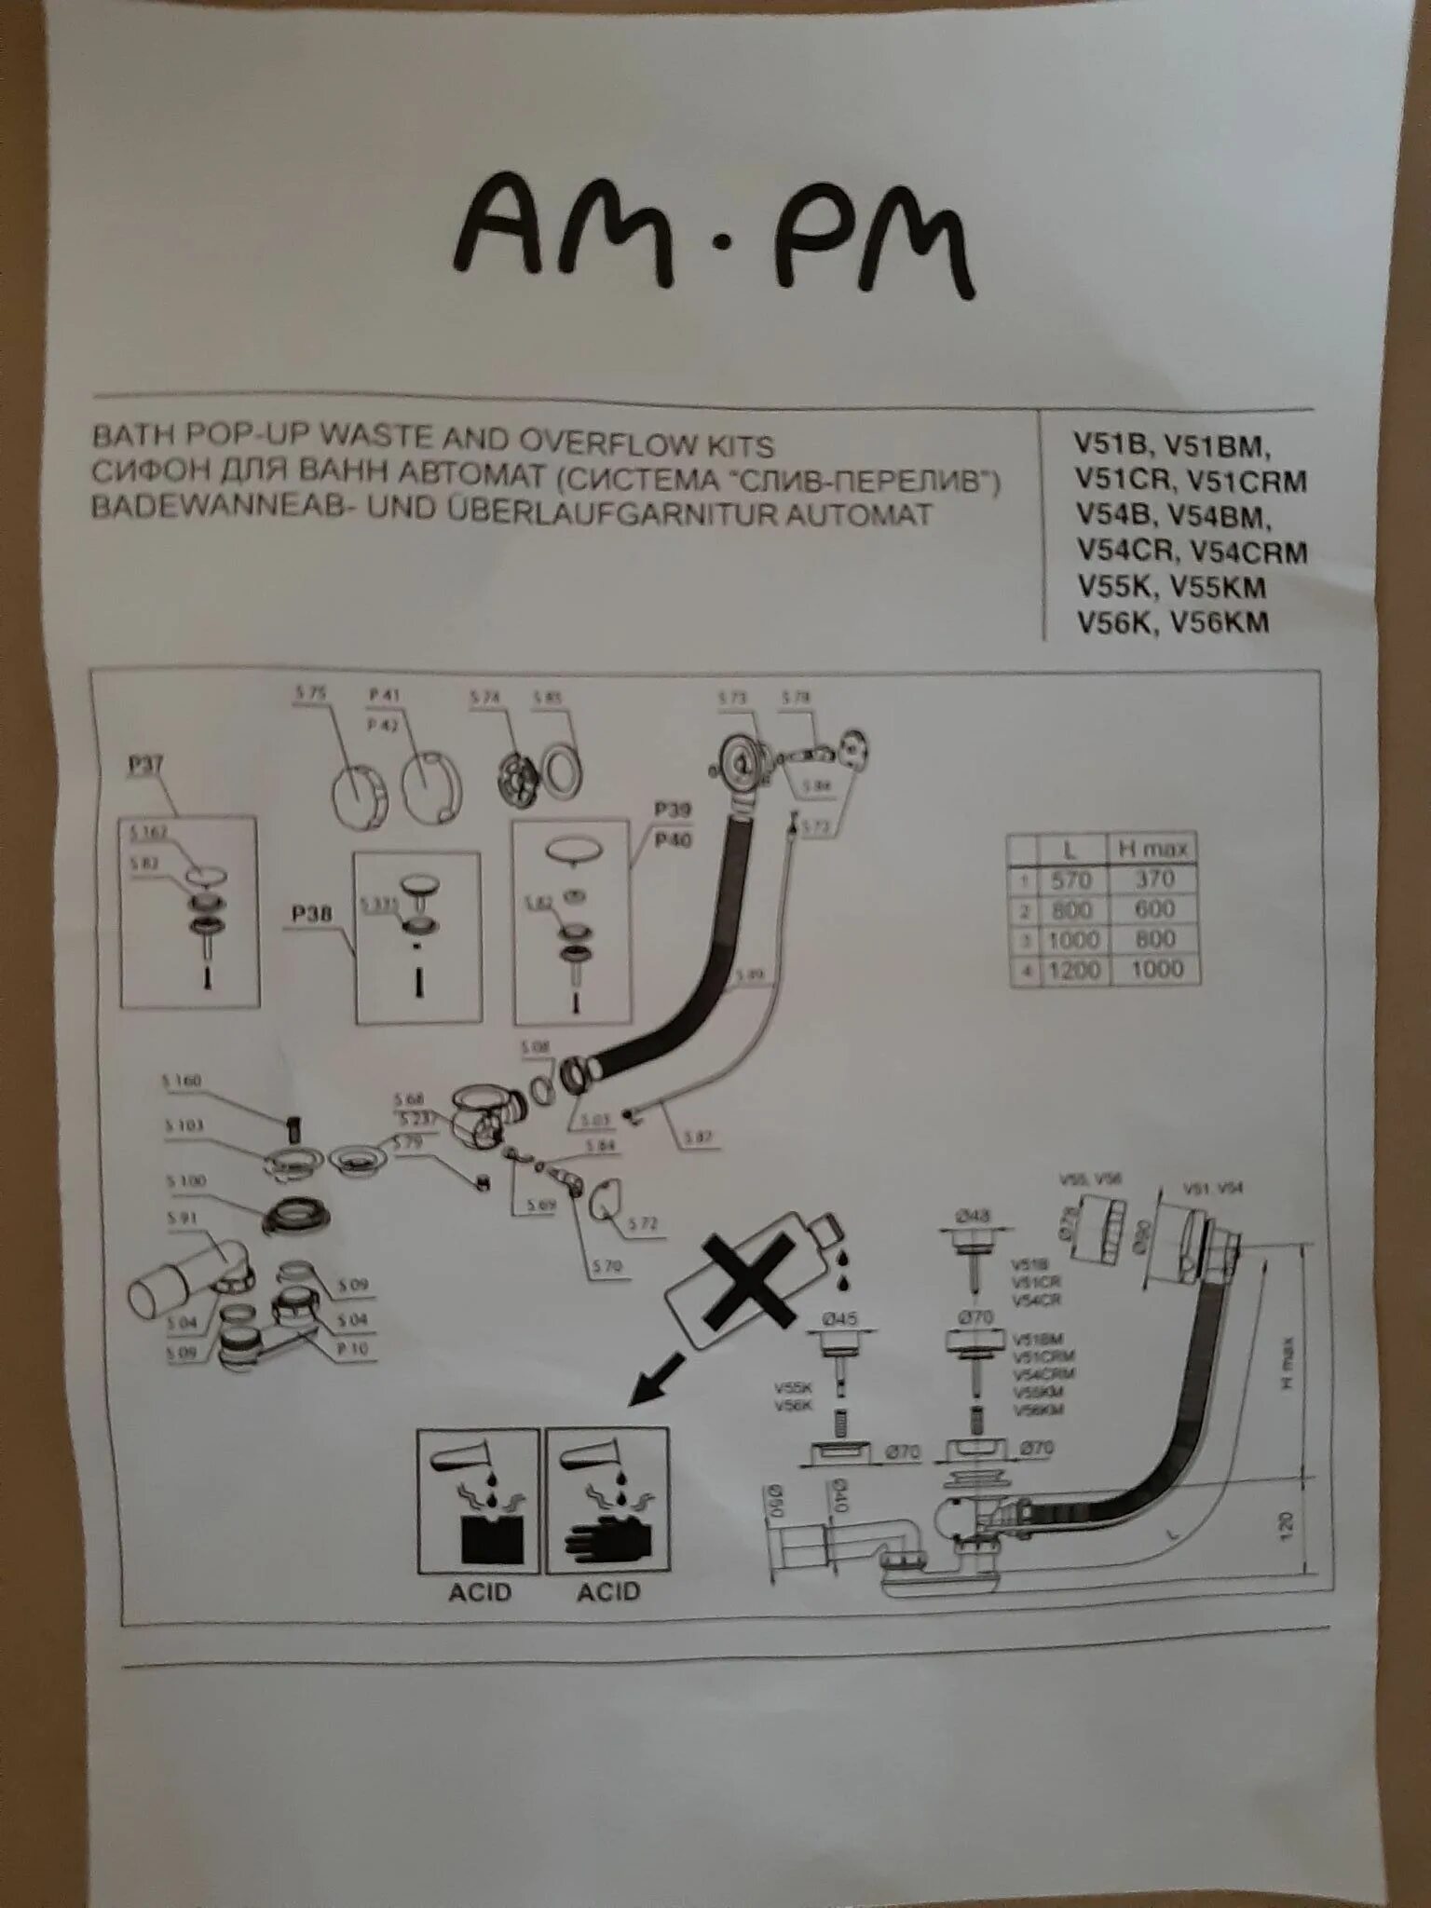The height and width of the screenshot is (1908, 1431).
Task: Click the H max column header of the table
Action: click(x=1152, y=849)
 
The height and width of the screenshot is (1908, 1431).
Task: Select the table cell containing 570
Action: click(x=1070, y=879)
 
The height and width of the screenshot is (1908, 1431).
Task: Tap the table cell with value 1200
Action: click(x=1072, y=970)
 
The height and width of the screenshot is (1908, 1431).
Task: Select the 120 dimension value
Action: click(x=1286, y=1524)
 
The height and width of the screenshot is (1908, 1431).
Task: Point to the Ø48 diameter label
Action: click(x=973, y=1216)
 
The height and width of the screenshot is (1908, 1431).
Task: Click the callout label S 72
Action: click(x=642, y=1223)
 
